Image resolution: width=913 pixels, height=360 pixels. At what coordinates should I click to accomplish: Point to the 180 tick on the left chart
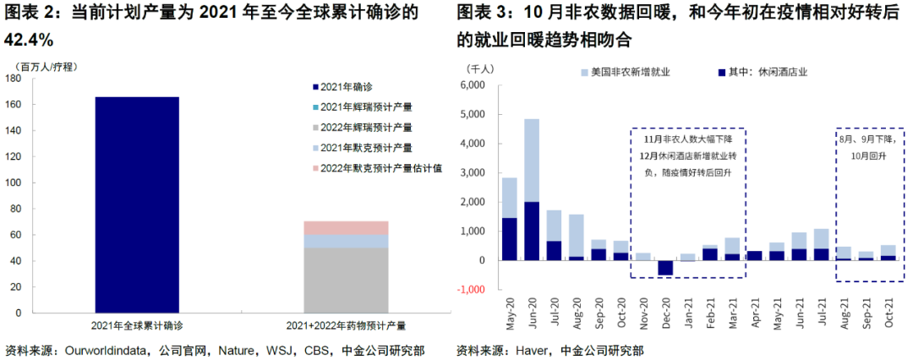(14, 78)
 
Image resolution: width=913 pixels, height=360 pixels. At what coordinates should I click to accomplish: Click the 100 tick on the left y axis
(14, 182)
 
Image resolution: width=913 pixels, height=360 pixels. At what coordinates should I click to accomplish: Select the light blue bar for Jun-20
(531, 161)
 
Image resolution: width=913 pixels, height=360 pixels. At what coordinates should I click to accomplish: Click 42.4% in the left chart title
(30, 40)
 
